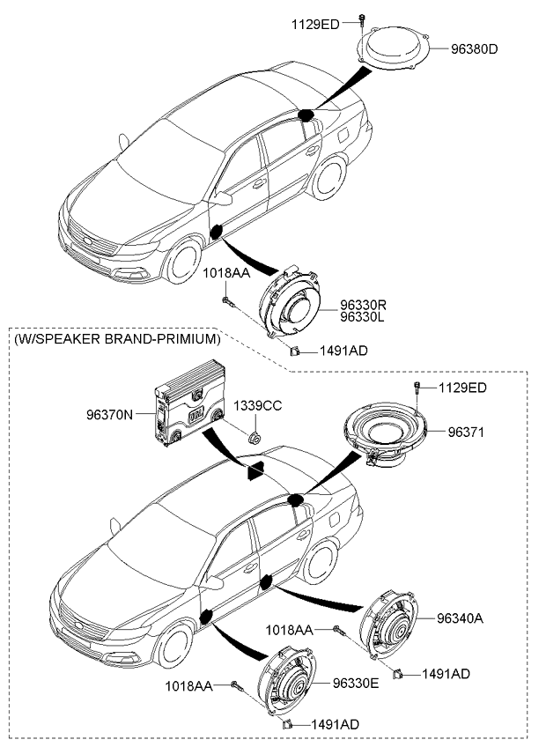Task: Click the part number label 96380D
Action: [x=475, y=49]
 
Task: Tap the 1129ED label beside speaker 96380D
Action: [x=314, y=24]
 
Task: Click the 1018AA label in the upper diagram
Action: [x=226, y=274]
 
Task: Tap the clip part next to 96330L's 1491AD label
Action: [x=296, y=351]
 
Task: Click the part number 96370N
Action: [x=109, y=411]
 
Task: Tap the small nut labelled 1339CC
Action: [x=254, y=436]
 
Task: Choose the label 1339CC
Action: [x=257, y=405]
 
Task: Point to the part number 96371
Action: [x=467, y=433]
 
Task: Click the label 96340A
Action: [x=460, y=618]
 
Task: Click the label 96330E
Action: [x=356, y=684]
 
